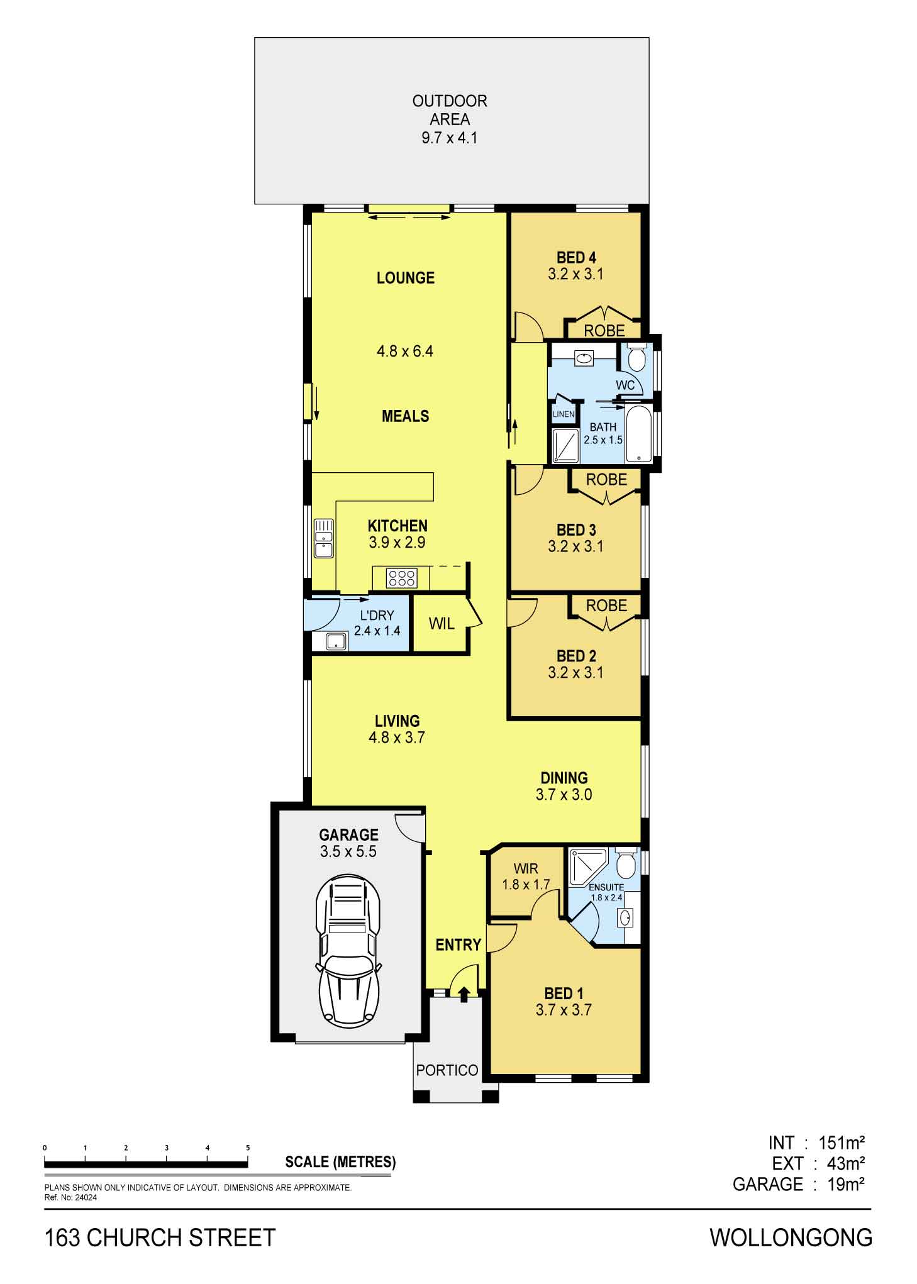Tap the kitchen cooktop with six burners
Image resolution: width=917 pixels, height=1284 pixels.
[x=401, y=578]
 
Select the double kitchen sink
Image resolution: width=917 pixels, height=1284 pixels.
[x=323, y=538]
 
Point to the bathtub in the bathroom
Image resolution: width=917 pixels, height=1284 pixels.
[x=638, y=434]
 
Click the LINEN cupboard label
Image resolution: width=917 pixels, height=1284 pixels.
[x=563, y=414]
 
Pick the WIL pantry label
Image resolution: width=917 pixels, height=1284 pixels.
[x=441, y=624]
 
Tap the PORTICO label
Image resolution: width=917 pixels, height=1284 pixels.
[x=447, y=1070]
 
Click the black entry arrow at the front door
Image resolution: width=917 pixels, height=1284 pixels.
[x=464, y=993]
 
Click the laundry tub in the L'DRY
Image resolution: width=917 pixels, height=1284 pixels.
[x=336, y=642]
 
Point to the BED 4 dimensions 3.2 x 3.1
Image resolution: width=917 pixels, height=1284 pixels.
[x=575, y=274]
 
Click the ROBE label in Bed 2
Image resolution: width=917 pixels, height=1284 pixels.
[x=606, y=606]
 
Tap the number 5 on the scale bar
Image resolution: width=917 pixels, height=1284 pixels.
[x=248, y=1148]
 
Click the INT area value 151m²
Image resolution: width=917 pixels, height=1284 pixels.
[x=842, y=1142]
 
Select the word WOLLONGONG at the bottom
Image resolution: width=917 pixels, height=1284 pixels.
[x=791, y=1238]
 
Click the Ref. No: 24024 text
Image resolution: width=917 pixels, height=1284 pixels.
[x=70, y=1198]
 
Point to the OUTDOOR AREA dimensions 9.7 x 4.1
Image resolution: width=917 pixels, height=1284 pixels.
[x=449, y=138]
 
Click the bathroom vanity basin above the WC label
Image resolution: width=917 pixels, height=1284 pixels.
[x=584, y=358]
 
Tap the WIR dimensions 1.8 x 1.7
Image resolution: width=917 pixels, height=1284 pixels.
[x=526, y=884]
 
